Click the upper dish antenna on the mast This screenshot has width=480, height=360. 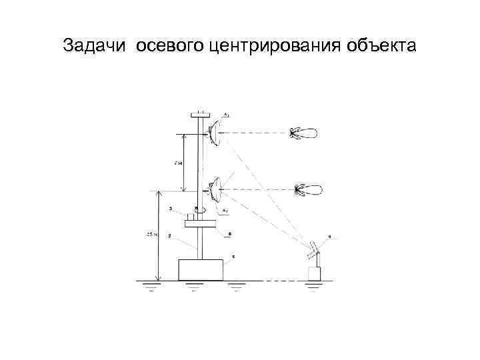214,132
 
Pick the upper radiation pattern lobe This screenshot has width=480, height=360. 305,132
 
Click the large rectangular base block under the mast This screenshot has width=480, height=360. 200,269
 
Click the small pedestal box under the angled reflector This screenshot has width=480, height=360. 313,273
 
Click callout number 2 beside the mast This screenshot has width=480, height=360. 170,235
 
